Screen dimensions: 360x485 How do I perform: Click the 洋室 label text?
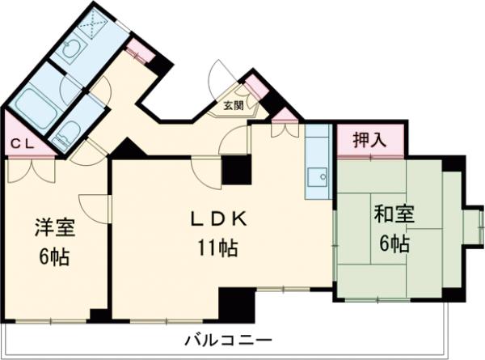click(x=55, y=227)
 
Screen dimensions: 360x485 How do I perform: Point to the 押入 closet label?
click(x=369, y=139)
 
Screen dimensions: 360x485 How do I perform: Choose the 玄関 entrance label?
click(x=234, y=105)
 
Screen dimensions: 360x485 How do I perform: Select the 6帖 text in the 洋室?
click(x=55, y=257)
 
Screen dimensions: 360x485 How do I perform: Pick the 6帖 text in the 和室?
click(x=394, y=244)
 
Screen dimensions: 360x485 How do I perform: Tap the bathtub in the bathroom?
click(x=34, y=104)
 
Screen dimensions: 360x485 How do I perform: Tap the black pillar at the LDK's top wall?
click(x=237, y=169)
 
